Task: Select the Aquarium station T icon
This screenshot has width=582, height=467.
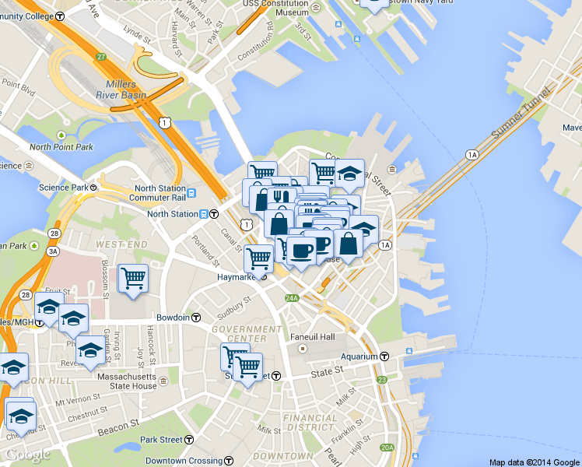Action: coord(386,356)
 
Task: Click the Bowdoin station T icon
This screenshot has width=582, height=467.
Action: coord(196,318)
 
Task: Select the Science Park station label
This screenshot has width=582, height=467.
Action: coord(64,188)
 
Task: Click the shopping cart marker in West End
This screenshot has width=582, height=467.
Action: coord(133,278)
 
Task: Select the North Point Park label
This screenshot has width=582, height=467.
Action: coord(61,147)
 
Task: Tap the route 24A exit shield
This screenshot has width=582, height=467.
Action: coord(292,297)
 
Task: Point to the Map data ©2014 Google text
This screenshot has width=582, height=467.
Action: coord(535,462)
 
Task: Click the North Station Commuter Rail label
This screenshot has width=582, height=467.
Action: coord(160,193)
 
